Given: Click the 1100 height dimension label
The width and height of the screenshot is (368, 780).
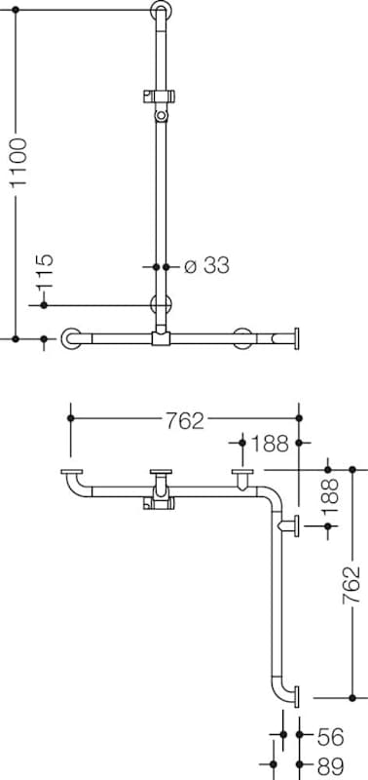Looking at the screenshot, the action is pos(18,162).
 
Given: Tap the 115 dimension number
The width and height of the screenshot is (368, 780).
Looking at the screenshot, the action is pos(45,272).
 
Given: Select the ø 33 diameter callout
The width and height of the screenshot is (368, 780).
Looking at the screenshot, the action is pos(206,266).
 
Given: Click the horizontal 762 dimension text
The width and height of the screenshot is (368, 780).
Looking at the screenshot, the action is pos(185,420).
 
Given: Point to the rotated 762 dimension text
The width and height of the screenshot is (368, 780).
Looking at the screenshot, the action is pos(351,586).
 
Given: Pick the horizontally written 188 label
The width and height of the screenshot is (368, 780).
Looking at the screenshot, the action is pos(271,444).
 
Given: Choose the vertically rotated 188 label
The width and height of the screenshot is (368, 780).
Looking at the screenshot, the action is pos(329,495).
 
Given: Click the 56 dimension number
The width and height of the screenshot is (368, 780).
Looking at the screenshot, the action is pos(330,738).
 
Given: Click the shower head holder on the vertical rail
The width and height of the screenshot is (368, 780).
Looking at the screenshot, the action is pos(160,96).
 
